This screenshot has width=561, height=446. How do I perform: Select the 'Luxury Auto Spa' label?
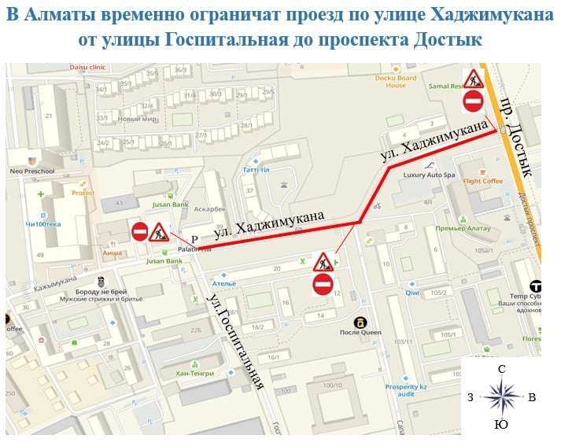point(430,174)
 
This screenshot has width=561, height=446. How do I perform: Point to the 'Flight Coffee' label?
point(482,181)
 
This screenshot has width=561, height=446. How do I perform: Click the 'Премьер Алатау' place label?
point(463,228)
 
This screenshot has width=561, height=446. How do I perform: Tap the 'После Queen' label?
point(361,332)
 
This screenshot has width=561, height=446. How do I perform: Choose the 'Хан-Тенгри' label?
point(196,373)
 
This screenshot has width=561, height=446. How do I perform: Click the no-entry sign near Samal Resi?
point(473,100)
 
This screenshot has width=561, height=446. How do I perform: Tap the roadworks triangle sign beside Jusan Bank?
point(159,232)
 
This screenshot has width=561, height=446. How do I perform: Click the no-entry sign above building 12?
point(323,284)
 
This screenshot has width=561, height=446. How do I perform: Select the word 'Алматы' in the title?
point(63,13)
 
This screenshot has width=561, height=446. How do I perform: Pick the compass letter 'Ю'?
point(500,426)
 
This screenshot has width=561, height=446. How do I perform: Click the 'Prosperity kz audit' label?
point(406,391)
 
